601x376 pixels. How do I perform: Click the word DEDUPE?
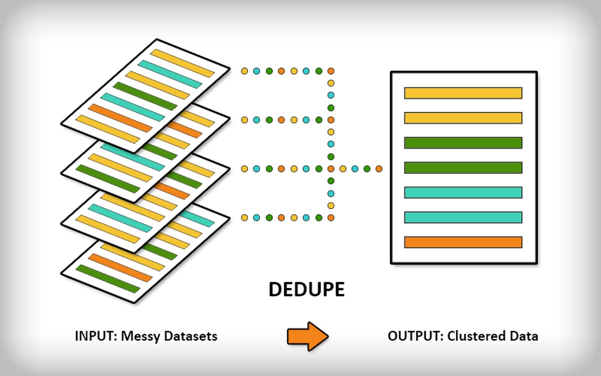click(x=307, y=289)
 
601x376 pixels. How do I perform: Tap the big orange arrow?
click(x=308, y=336)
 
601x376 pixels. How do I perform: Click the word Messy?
click(x=141, y=336)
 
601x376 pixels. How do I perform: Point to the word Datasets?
click(x=190, y=336)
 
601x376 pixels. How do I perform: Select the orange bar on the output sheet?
click(x=463, y=242)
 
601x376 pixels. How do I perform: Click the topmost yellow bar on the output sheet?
click(x=463, y=93)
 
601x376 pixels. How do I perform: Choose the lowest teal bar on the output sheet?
click(x=463, y=217)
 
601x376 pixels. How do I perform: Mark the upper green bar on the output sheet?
click(x=463, y=143)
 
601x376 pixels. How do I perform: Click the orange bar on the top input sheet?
click(x=120, y=118)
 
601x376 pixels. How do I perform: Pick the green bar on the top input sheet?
click(x=145, y=96)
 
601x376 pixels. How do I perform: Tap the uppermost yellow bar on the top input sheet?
click(x=182, y=63)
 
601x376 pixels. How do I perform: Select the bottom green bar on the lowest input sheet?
click(x=108, y=279)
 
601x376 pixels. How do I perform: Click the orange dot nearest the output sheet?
click(x=379, y=169)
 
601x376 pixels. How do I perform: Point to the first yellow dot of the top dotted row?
click(x=244, y=71)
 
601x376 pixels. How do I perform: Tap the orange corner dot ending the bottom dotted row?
click(x=331, y=218)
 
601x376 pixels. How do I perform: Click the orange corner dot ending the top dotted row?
click(x=331, y=71)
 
